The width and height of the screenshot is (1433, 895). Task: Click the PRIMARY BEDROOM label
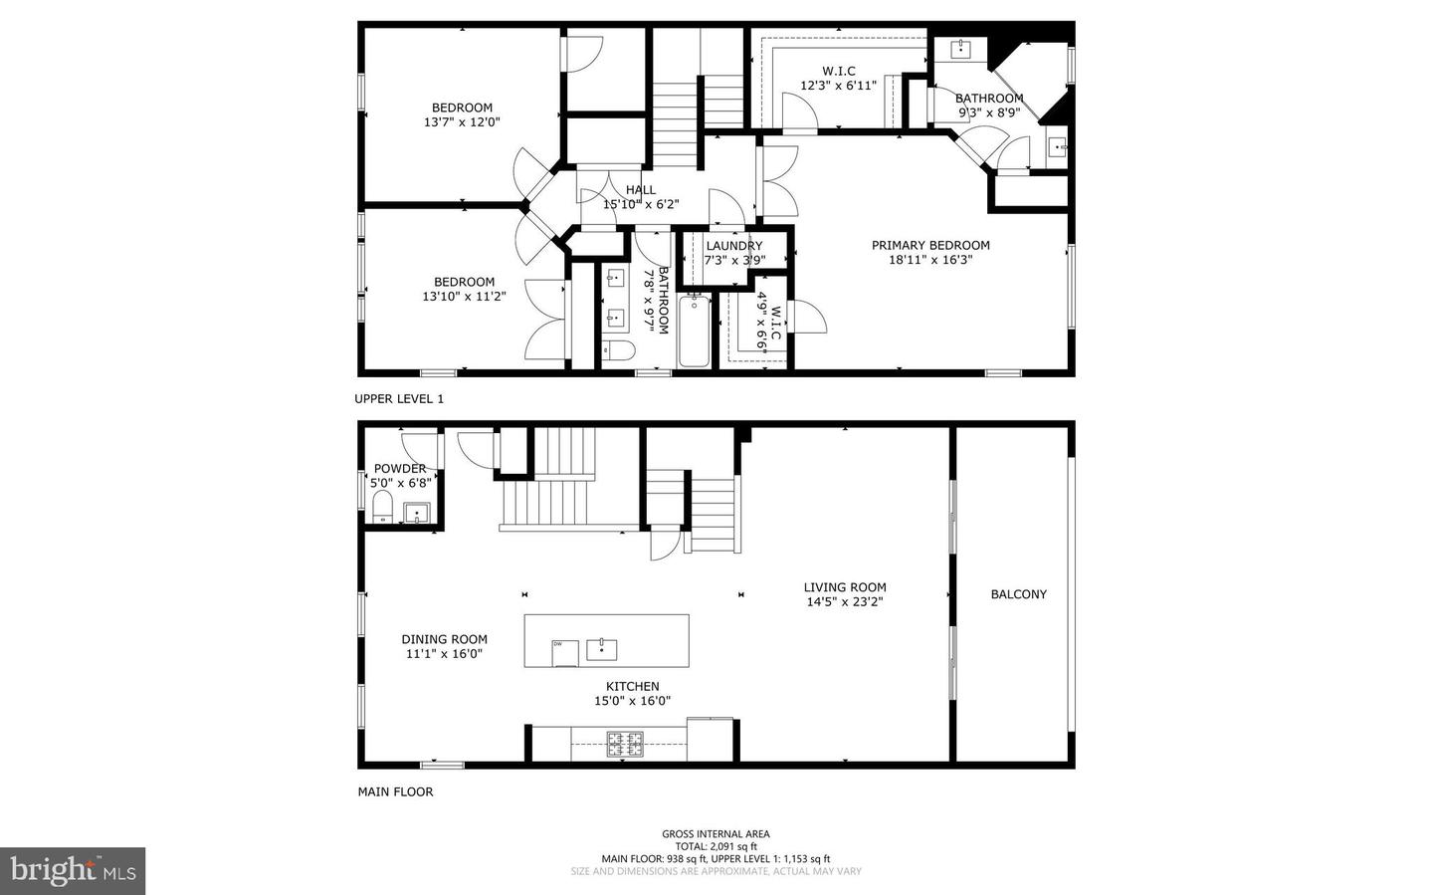[x=930, y=245]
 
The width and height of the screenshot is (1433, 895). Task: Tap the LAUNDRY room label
[x=734, y=246]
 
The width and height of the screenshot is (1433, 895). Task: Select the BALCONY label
[x=1018, y=594]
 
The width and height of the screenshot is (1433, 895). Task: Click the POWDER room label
[x=399, y=469]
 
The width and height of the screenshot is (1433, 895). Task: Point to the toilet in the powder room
[x=381, y=509]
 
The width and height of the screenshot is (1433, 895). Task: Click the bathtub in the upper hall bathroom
[x=694, y=331]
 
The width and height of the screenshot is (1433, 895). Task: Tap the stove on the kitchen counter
[x=626, y=742]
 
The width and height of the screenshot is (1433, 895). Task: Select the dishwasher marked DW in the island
[x=564, y=650]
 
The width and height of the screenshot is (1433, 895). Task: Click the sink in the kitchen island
[x=601, y=649]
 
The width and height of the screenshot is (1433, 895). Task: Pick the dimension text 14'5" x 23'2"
[x=845, y=601]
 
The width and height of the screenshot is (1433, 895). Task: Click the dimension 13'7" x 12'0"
[x=462, y=122]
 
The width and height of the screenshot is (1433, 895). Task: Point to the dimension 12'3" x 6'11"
[x=838, y=86]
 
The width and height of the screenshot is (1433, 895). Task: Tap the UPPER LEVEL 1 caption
[x=399, y=398]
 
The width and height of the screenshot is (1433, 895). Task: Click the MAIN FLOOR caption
[x=395, y=792]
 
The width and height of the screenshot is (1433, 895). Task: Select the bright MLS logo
[x=73, y=871]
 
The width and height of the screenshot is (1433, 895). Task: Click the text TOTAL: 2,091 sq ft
[x=716, y=846]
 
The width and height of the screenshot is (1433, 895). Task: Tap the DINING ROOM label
[x=444, y=640]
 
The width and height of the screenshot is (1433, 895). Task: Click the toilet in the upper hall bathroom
[x=618, y=349]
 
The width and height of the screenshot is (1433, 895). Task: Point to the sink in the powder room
[x=416, y=513]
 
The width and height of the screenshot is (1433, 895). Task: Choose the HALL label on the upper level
[x=641, y=190]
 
